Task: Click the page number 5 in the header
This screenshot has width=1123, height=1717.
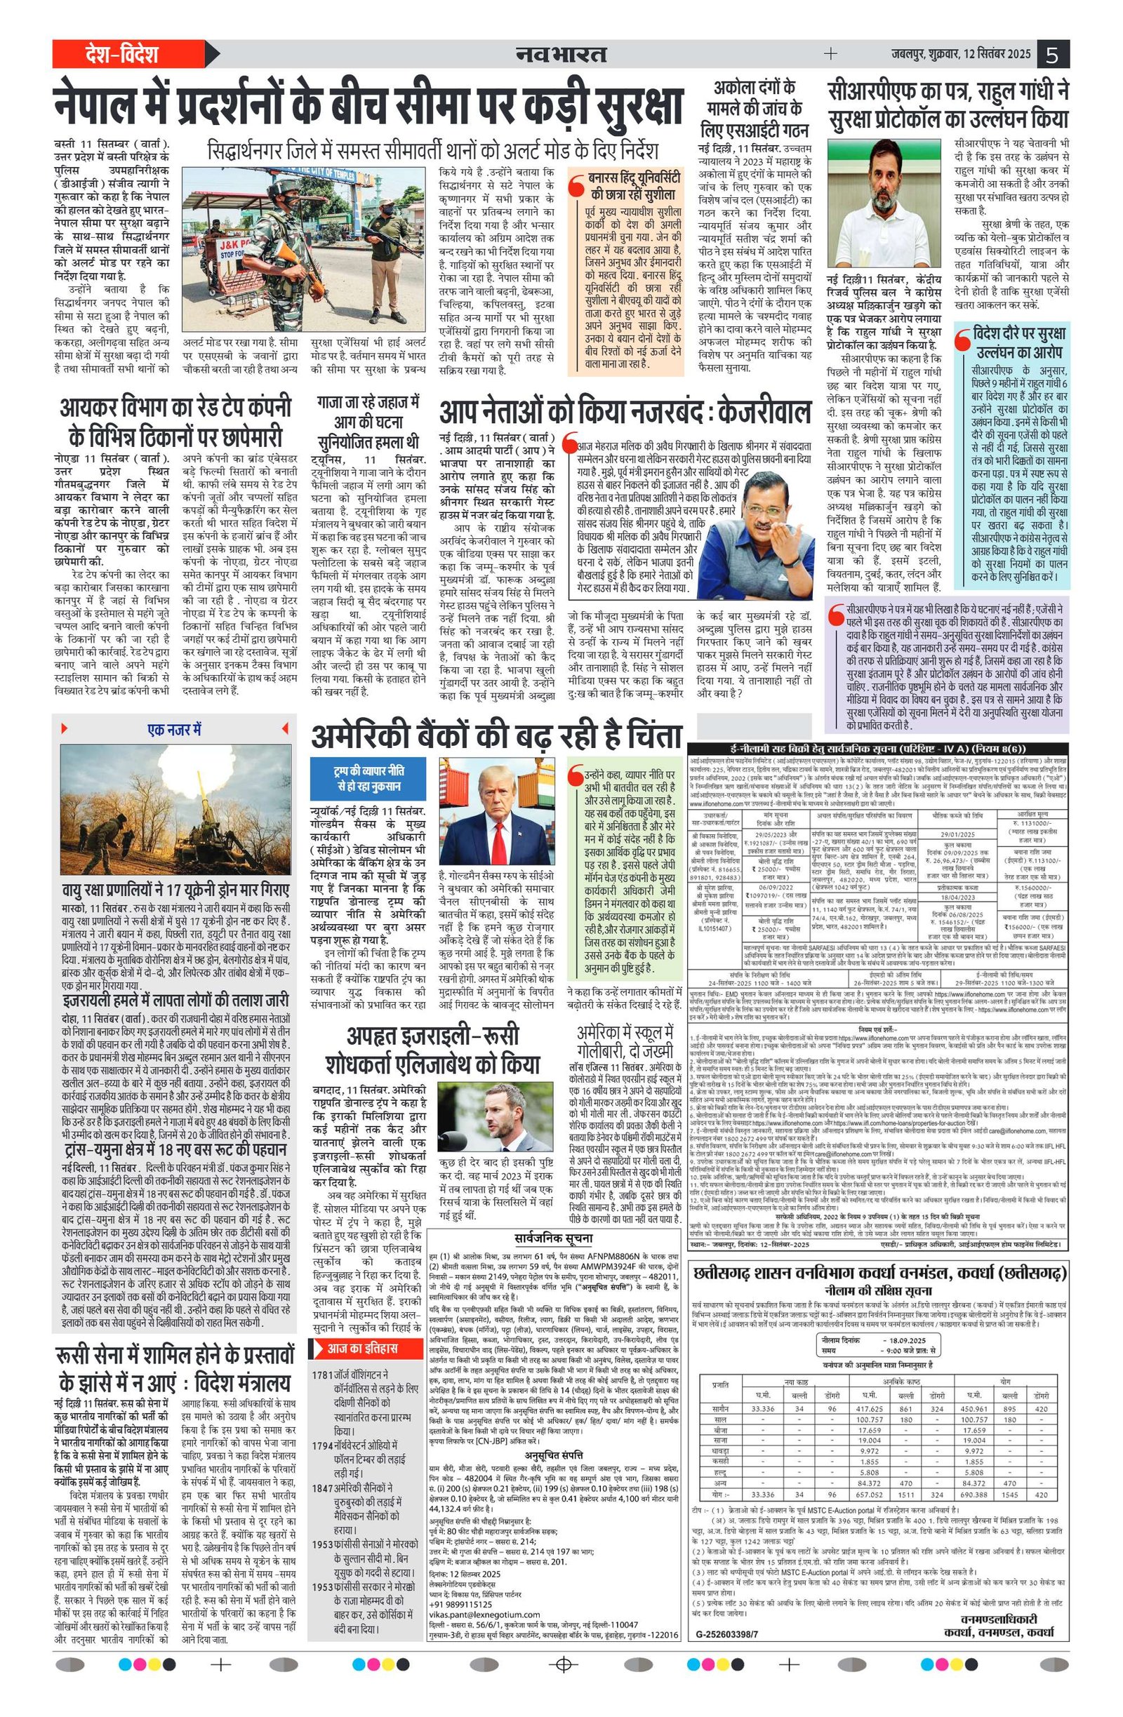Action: [1054, 55]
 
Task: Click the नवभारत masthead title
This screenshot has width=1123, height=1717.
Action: [561, 55]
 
